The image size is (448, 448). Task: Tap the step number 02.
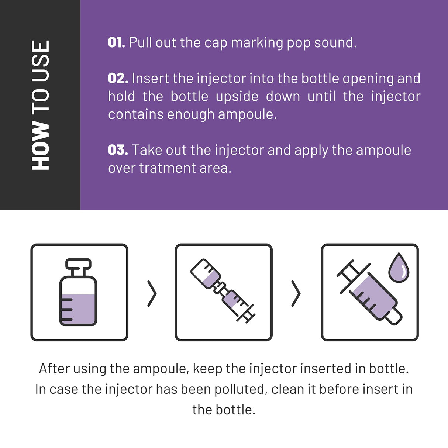click(x=118, y=78)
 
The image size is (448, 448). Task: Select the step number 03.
click(x=118, y=150)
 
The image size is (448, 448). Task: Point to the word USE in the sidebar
click(x=41, y=63)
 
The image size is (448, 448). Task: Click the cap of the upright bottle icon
click(x=78, y=264)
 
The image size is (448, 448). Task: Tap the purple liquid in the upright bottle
click(x=78, y=309)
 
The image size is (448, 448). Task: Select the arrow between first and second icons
click(x=152, y=294)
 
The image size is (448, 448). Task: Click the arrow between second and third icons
click(x=296, y=294)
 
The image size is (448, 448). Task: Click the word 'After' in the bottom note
click(x=54, y=369)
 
